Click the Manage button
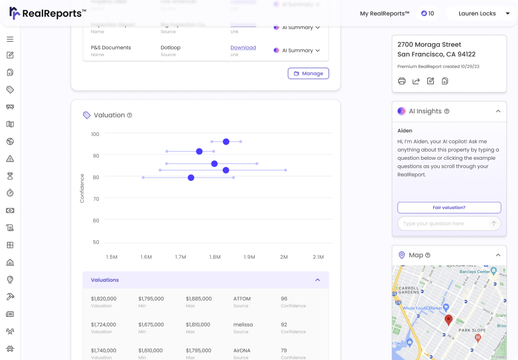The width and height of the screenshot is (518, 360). point(308,73)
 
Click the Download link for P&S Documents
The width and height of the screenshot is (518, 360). point(243,47)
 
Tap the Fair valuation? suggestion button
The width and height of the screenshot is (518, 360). point(449,207)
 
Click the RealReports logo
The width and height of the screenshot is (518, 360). point(47,13)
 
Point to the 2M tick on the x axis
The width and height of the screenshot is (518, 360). point(284,257)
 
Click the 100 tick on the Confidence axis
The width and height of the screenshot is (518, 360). point(95,134)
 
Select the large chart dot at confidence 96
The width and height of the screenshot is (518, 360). point(226,141)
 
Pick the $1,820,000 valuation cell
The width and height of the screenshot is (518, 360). point(104,298)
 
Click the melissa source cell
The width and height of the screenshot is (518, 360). point(243,324)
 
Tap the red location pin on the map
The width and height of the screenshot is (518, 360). point(448,320)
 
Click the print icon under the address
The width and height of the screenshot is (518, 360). point(401,81)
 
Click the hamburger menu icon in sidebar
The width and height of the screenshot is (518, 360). point(10,39)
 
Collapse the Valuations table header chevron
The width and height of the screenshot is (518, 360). point(318,280)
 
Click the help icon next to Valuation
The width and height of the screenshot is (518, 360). point(129,115)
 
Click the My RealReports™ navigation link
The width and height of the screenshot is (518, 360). point(384,13)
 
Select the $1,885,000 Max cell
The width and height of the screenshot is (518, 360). point(199,298)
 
